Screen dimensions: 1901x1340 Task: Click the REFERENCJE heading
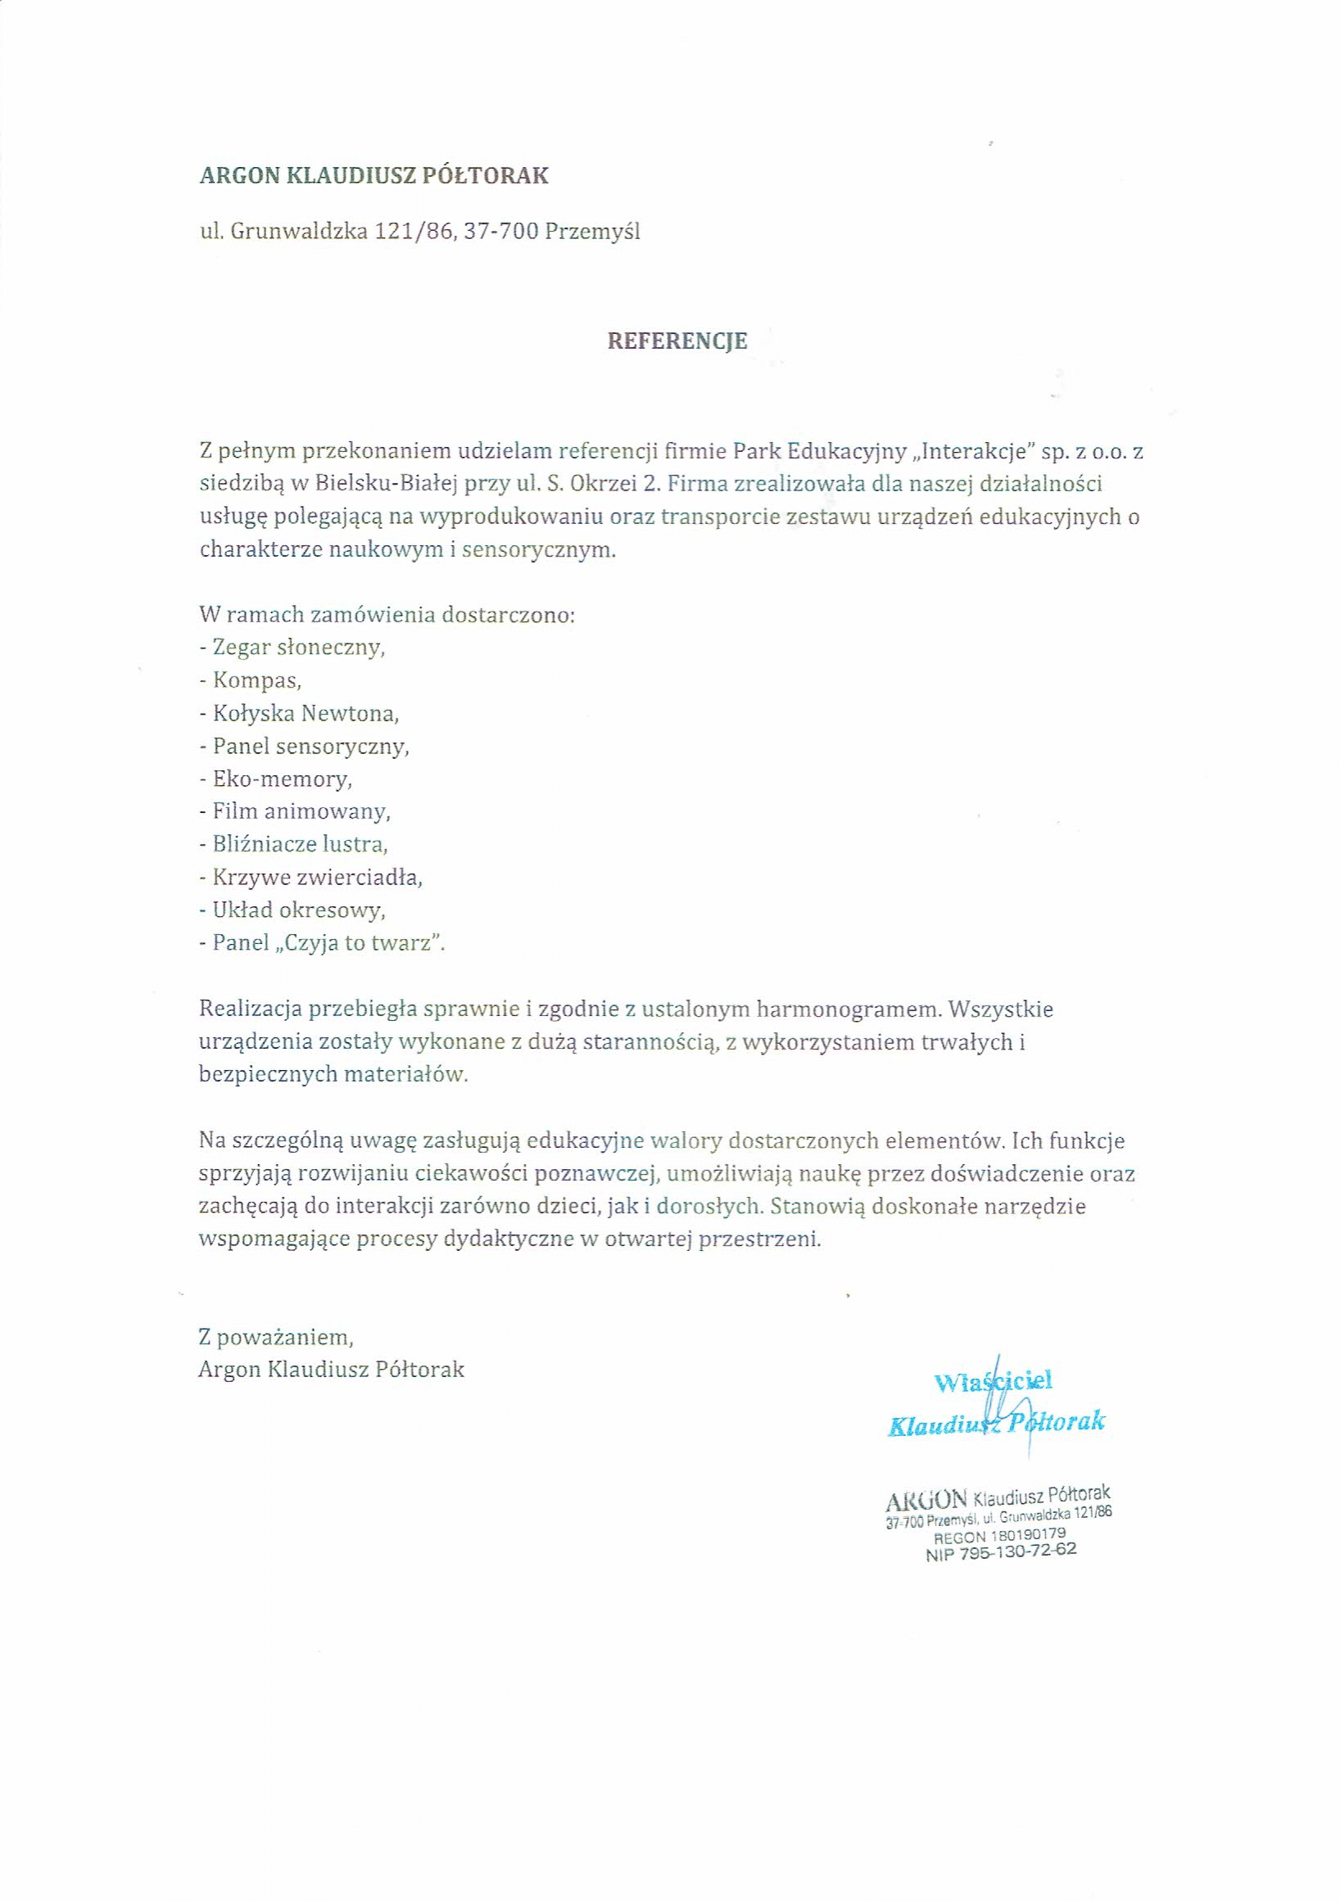point(677,341)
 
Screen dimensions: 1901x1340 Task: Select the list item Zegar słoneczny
point(299,648)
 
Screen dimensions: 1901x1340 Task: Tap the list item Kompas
point(256,680)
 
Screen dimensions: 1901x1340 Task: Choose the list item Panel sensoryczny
point(310,746)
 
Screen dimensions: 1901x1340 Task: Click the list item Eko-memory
point(282,779)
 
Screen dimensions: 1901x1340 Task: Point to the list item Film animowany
point(301,811)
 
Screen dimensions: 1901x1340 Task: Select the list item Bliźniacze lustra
point(300,845)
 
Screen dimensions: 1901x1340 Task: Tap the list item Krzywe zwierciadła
point(317,878)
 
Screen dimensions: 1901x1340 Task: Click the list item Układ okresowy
point(298,910)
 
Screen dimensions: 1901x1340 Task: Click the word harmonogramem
point(854,1009)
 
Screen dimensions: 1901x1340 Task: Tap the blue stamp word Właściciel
point(992,1381)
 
